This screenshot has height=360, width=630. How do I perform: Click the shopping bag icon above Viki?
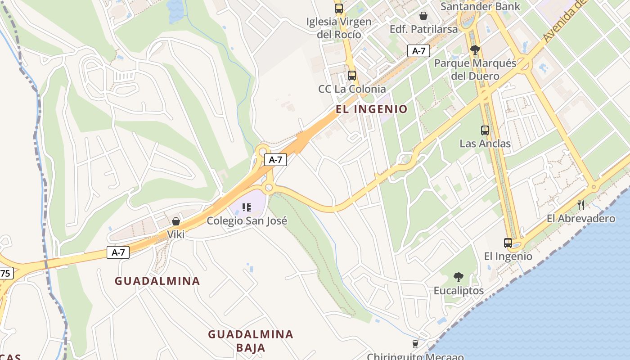tap(176, 221)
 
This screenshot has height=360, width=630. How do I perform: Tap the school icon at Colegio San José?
tap(246, 207)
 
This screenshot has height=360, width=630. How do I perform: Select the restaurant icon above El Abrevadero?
tap(581, 205)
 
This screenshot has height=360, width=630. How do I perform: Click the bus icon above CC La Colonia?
tap(352, 76)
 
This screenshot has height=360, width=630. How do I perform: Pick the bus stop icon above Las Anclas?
tap(485, 130)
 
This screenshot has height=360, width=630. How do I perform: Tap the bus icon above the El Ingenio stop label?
tap(508, 243)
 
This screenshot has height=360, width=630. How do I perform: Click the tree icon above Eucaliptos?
tap(459, 277)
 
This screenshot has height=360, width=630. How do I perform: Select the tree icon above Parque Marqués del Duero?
tap(475, 50)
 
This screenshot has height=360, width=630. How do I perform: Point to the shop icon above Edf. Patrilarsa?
tap(423, 16)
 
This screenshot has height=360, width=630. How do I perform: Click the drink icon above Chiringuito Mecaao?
tap(415, 344)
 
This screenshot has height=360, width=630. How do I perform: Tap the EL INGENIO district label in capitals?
tap(372, 109)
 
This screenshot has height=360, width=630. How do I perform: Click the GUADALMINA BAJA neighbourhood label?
tap(251, 341)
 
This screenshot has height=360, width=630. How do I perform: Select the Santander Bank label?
tap(480, 6)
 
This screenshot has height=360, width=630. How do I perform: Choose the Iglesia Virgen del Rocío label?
tap(339, 28)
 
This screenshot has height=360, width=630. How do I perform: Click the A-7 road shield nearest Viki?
tap(118, 252)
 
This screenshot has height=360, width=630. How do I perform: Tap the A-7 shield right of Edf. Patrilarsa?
tap(418, 51)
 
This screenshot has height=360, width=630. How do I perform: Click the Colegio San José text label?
tap(247, 221)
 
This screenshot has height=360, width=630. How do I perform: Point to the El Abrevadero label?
tap(581, 219)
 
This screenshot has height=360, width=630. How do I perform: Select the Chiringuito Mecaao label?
tap(415, 356)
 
